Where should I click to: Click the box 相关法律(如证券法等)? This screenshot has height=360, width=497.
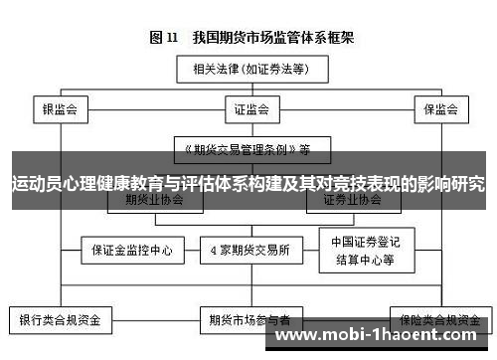tap(248, 70)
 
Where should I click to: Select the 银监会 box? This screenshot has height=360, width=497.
tap(60, 108)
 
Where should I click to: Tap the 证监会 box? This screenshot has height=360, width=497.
tap(248, 108)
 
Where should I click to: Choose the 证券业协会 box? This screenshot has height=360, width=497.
tap(352, 199)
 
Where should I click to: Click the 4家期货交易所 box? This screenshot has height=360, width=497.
tap(249, 249)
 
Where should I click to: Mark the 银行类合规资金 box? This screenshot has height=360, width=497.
tap(60, 320)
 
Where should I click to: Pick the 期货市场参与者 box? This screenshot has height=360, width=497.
tap(249, 320)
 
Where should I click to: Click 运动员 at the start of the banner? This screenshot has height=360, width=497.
tap(34, 184)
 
